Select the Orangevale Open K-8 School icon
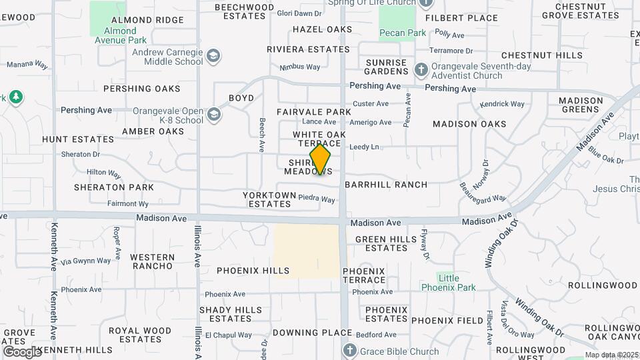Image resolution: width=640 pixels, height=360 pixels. tap(213, 115)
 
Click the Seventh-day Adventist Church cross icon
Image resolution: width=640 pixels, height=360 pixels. tap(421, 69)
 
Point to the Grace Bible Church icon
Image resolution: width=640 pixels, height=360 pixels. tap(349, 351)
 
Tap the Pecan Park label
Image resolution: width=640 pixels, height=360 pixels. tap(398, 32)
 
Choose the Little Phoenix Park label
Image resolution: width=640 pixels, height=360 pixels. tap(448, 282)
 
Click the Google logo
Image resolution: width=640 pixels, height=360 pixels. tap(22, 351)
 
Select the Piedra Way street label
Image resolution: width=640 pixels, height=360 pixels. tap(316, 199)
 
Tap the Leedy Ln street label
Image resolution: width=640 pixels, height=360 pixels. tap(364, 147)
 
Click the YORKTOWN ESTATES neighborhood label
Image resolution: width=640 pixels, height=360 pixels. tap(267, 199)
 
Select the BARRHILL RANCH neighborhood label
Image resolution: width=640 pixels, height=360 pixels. tap(386, 185)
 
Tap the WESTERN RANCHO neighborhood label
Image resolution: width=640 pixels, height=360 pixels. tap(152, 262)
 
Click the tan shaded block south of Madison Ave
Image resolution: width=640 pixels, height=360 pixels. tap(306, 250)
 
